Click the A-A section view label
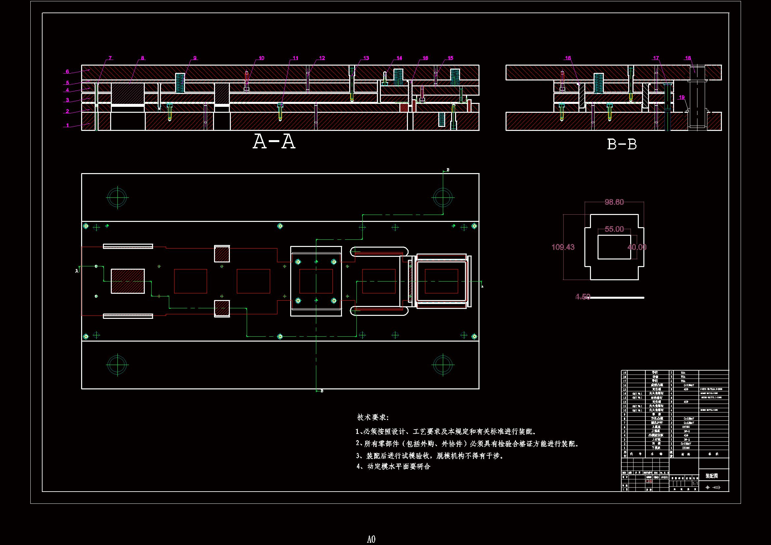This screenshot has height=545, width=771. point(274,141)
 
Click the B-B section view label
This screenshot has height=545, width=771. point(622,144)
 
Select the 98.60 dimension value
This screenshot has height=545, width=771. point(614,202)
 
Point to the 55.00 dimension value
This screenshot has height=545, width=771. point(614,229)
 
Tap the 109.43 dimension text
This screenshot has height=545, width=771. point(563,247)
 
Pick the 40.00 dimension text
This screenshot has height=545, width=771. point(637,247)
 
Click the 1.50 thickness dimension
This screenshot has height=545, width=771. point(583,296)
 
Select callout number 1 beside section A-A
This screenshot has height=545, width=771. point(68,125)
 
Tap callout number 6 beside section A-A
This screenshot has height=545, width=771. point(68,72)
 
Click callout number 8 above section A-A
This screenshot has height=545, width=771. point(142,58)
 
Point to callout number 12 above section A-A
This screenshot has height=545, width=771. point(322,58)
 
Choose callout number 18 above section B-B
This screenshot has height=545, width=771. point(688,58)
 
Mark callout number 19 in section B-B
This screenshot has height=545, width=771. point(681,97)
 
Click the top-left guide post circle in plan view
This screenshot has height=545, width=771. point(117,197)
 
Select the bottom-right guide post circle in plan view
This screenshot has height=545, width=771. point(443,365)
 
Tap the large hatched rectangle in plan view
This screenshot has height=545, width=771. point(128,281)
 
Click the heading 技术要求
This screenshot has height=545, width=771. point(373,417)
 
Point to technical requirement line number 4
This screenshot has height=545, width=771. point(393,467)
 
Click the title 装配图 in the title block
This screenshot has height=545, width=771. point(711,476)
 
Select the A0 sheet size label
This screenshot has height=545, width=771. point(371,539)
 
